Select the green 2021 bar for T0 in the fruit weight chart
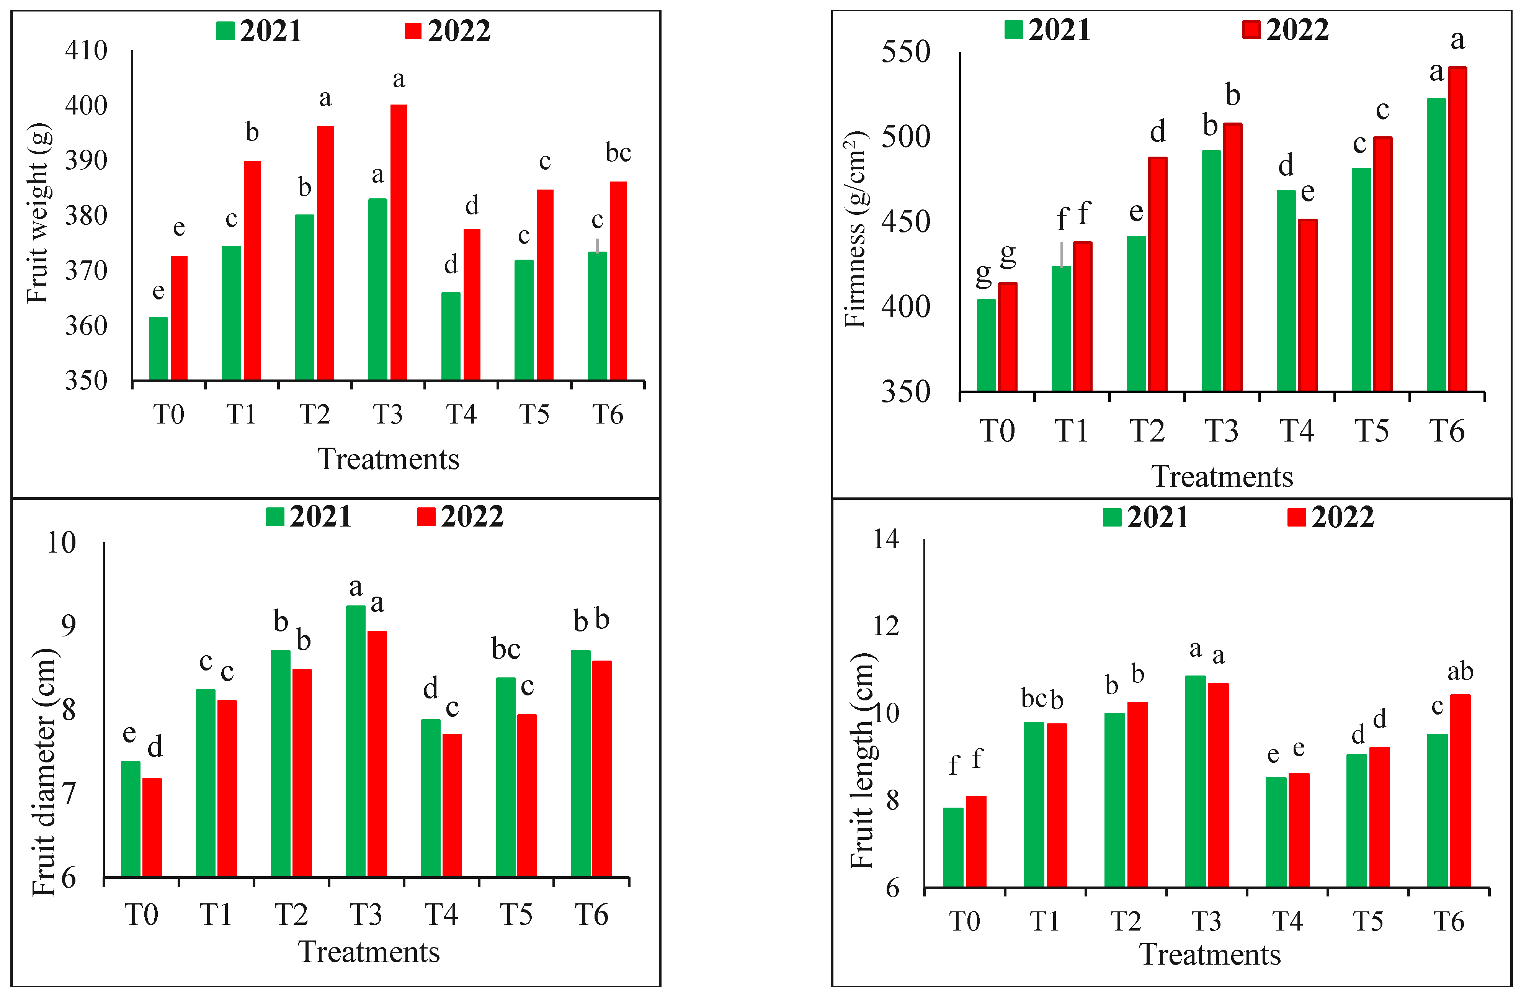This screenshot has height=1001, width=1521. (x=158, y=348)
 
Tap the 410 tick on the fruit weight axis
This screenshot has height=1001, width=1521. (x=86, y=51)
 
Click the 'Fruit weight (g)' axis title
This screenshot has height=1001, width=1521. (x=38, y=214)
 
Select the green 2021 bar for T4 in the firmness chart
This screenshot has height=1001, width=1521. (x=1286, y=291)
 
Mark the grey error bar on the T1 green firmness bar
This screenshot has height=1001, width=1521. (x=1062, y=254)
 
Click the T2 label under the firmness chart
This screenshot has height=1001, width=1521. (x=1147, y=432)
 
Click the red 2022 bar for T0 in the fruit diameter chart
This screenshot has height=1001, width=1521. (x=152, y=828)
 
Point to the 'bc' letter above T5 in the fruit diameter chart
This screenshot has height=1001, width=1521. (x=505, y=650)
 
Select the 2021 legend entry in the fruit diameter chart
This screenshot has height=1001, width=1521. (x=309, y=517)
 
